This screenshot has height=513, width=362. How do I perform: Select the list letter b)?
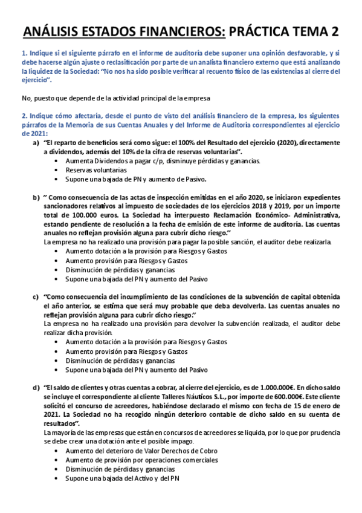tap(36, 197)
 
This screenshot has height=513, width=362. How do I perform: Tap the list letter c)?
tap(36, 296)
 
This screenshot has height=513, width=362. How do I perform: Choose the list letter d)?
tap(36, 387)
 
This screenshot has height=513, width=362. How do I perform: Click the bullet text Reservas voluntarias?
tap(92, 170)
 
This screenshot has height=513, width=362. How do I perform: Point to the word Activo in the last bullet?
tap(140, 478)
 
